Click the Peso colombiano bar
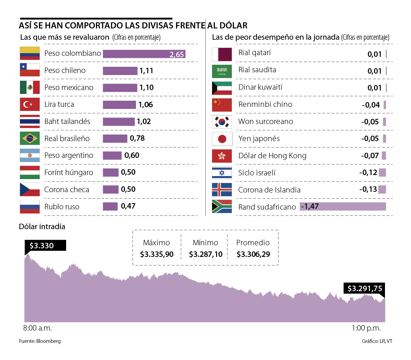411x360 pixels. tap(144, 54)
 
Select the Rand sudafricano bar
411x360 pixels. tap(342, 206)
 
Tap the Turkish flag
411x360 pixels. tap(30, 104)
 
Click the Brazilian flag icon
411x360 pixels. tap(30, 138)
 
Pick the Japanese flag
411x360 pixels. tap(222, 139)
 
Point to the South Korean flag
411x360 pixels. tap(222, 122)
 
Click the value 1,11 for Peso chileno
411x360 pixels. tap(146, 71)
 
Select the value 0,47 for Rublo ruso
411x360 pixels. tap(128, 206)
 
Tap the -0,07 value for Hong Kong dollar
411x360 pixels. tap(370, 156)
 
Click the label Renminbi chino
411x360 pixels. tap(265, 104)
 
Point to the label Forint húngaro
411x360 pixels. tap(68, 173)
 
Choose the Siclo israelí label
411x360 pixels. tap(257, 173)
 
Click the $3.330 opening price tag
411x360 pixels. tap(42, 246)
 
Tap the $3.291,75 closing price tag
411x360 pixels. tap(365, 288)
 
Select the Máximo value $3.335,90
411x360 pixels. tap(157, 255)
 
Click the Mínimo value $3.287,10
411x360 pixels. tap(206, 255)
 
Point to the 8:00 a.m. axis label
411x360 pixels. tap(37, 328)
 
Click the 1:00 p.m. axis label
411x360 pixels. tap(366, 328)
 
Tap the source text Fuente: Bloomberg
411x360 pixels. tap(40, 341)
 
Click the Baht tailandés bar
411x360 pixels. tap(119, 122)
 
